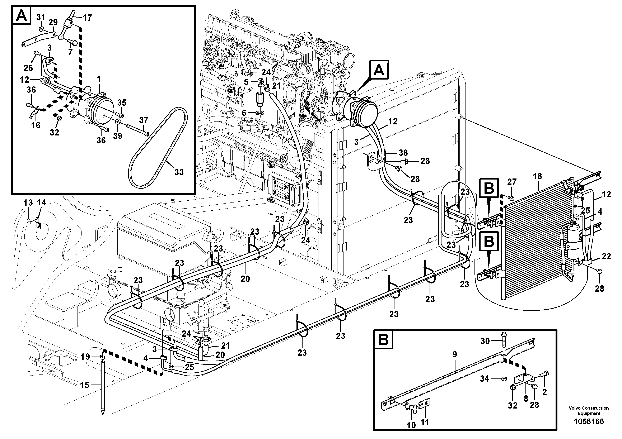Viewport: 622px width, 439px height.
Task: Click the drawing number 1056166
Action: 589,422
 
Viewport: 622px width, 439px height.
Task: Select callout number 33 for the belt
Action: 179,172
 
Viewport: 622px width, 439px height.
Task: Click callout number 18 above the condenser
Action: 537,176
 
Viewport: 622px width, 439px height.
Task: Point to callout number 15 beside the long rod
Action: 85,385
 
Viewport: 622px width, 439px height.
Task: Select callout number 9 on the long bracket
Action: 455,354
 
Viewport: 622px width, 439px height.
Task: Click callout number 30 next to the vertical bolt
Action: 485,341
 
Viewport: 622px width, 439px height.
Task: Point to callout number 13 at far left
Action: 28,202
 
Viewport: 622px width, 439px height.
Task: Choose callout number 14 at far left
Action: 41,202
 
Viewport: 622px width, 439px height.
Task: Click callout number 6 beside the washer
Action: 244,113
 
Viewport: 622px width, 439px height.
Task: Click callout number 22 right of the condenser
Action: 606,256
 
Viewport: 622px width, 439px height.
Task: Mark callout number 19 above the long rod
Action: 85,357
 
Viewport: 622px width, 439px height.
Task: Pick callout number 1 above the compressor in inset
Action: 99,79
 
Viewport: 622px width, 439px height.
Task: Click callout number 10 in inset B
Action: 411,425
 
